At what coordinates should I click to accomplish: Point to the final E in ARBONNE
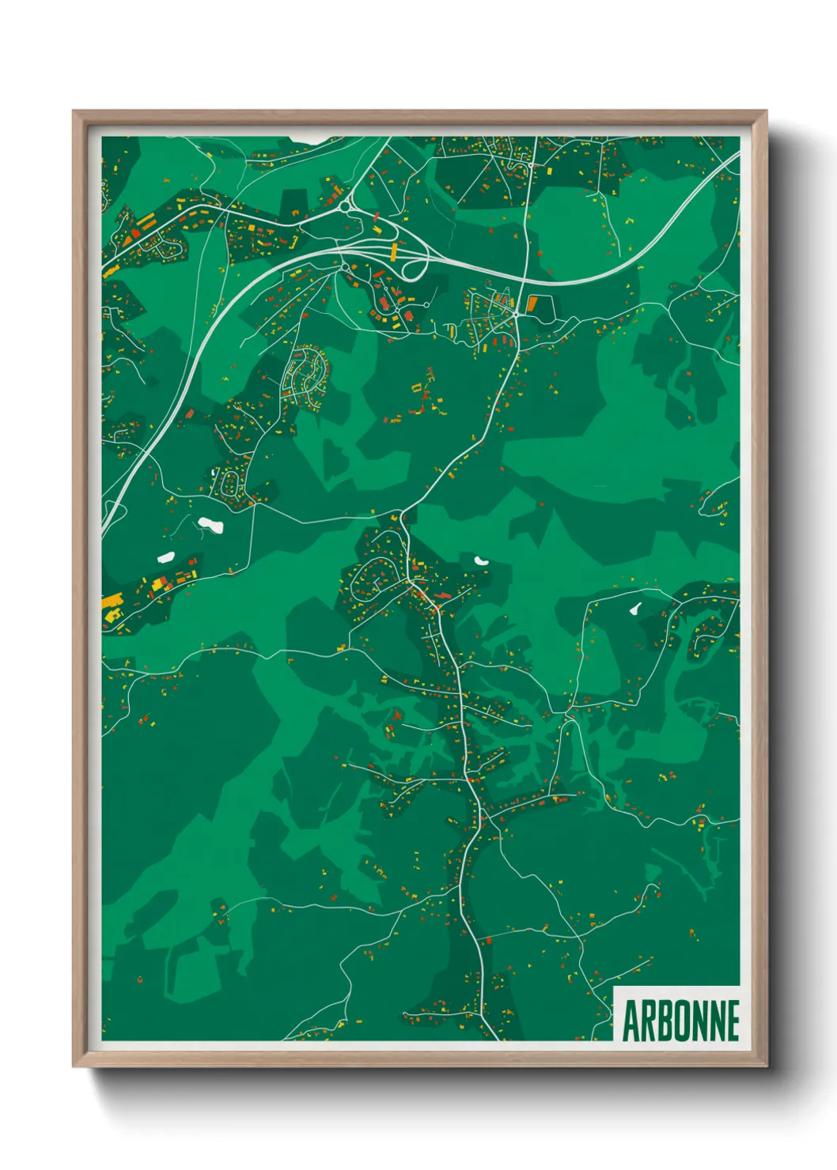tap(733, 1021)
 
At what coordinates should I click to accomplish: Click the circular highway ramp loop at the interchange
tap(415, 267)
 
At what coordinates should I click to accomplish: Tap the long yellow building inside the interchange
tap(394, 252)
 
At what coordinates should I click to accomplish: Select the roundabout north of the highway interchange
tap(347, 207)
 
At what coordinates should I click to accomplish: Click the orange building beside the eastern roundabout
tap(532, 304)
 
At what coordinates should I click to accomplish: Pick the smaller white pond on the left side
tap(165, 557)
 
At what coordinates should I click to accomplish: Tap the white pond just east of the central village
tap(480, 560)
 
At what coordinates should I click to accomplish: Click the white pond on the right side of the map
tap(634, 610)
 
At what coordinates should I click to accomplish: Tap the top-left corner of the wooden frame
tap(74, 111)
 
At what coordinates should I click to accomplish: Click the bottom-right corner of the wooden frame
tap(766, 1066)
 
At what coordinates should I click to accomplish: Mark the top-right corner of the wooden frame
tap(766, 111)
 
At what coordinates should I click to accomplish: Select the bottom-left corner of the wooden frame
tap(74, 1066)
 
